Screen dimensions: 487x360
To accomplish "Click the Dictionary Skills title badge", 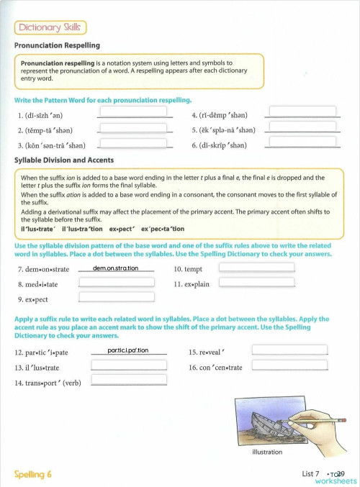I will pos(50,27).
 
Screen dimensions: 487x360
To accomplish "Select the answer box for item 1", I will pos(133,113).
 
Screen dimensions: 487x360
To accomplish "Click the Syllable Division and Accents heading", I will pos(64,160).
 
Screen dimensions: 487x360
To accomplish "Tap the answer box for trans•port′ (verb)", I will pos(129,381).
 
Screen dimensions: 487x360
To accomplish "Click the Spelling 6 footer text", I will pos(33,474).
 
